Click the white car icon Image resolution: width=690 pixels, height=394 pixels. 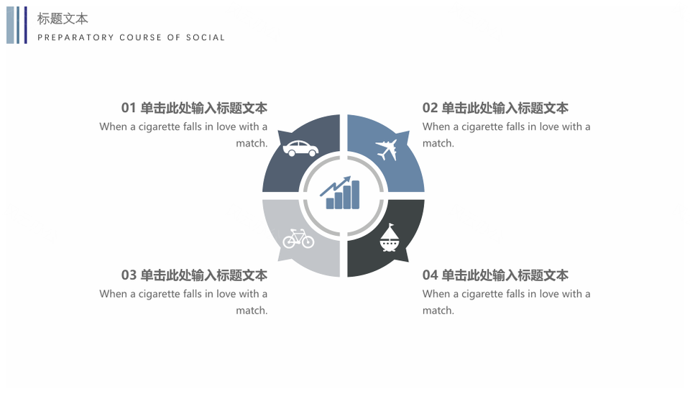pos(300,148)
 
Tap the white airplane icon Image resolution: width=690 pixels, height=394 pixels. pos(387,150)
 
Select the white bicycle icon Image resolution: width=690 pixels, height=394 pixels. pos(298,238)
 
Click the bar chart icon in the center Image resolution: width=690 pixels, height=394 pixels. pos(340,193)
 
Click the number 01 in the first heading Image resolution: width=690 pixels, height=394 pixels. pos(129,108)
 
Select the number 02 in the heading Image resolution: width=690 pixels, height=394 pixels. pos(430,108)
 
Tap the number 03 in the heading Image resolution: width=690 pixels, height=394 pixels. pos(129,275)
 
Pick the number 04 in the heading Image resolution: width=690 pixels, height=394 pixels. pos(430,275)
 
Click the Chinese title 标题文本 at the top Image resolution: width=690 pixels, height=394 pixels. pos(63,19)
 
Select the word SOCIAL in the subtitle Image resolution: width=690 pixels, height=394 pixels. pos(206,37)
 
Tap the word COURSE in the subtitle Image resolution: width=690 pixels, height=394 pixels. pos(141,37)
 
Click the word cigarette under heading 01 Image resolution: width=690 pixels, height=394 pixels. pos(160,127)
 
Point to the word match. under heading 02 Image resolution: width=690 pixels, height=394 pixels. pos(438,144)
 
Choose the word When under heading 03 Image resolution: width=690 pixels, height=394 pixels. pos(113,293)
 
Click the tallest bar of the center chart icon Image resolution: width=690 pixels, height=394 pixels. pos(355,195)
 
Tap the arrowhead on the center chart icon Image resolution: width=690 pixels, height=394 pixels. pos(346,180)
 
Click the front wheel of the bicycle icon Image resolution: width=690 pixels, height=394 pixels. pos(308,242)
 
